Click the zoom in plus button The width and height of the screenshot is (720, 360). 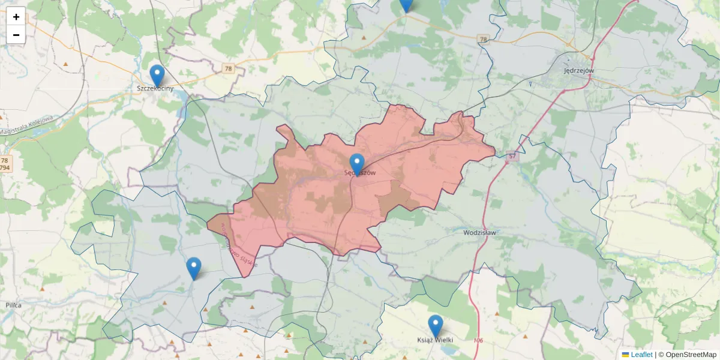coord(16,17)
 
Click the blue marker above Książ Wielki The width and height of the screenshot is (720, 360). coord(436,326)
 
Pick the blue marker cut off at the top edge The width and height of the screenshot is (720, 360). coord(406,4)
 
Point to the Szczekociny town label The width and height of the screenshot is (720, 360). coord(155,89)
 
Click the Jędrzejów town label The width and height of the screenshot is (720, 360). coord(579,70)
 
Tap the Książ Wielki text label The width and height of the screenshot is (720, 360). coord(435,340)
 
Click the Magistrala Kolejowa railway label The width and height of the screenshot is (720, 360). coord(27,125)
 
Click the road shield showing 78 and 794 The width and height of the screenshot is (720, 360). coord(5,164)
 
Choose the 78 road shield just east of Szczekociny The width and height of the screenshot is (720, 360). coord(228,69)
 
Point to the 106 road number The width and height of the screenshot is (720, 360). coord(478,341)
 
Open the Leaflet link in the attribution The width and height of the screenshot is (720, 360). coord(641,355)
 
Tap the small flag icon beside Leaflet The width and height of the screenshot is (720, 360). coord(626,355)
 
